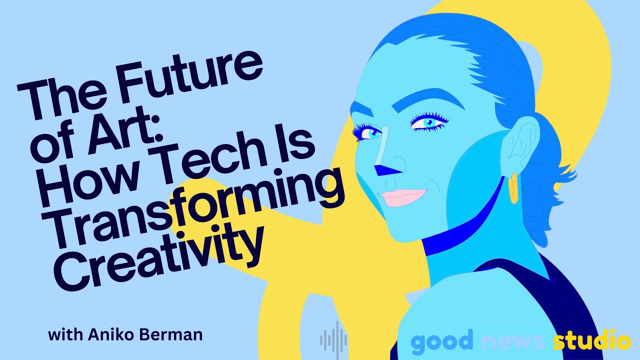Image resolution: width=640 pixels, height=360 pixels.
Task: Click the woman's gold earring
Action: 513,188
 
